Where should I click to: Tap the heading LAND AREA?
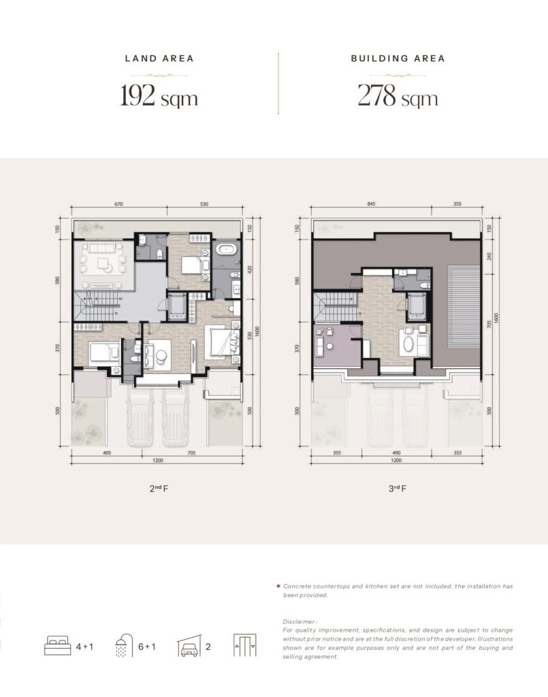click(x=159, y=59)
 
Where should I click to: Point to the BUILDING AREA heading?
click(x=398, y=59)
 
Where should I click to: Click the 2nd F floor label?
click(x=159, y=488)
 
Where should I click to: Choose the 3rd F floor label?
click(x=398, y=488)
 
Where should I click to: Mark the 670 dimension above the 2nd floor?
click(x=118, y=204)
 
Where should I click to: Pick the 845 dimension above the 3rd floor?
click(x=371, y=204)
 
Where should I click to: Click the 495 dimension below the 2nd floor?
click(x=107, y=453)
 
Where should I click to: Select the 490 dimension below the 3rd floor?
click(x=396, y=453)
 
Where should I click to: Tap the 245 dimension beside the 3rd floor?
click(x=489, y=257)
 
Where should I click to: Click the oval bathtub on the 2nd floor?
click(x=226, y=250)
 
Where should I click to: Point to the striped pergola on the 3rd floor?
click(x=464, y=308)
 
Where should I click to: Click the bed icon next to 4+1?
click(x=57, y=646)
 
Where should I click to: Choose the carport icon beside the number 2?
click(x=189, y=646)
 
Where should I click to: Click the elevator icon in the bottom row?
click(x=245, y=645)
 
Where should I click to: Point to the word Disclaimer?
click(x=300, y=621)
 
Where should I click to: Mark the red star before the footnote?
click(x=278, y=586)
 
